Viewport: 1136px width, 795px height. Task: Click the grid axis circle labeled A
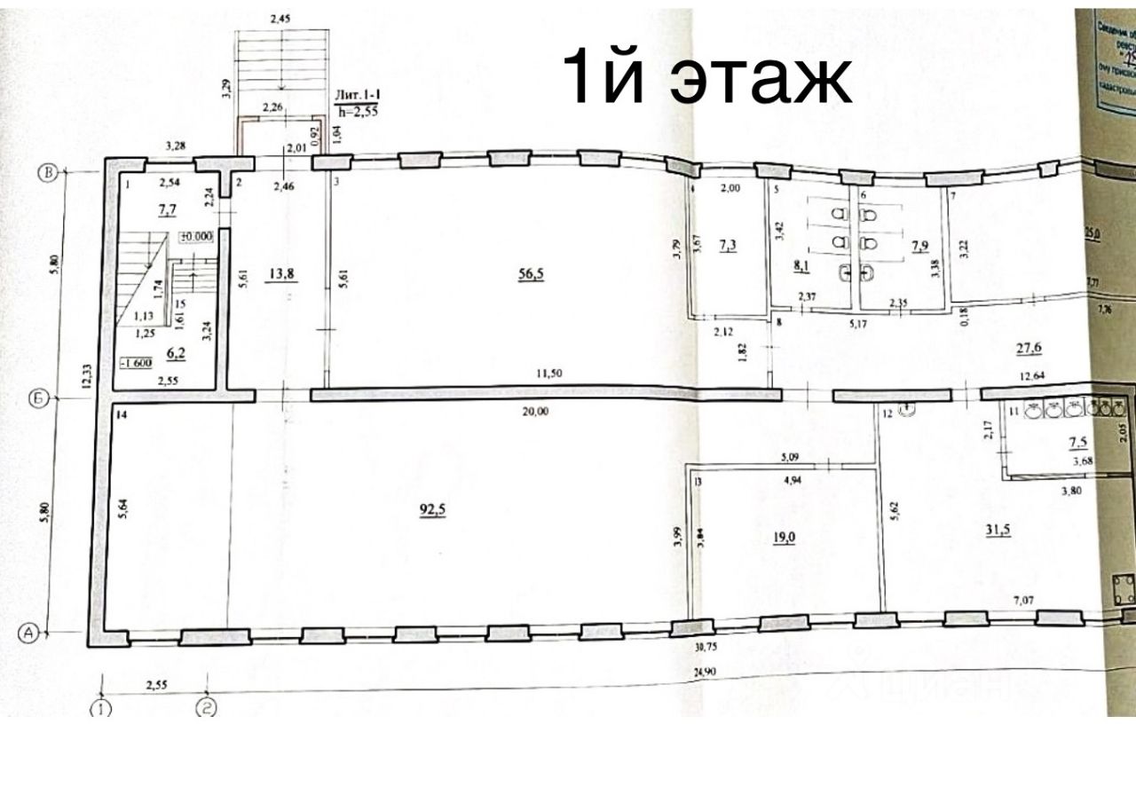coord(30,633)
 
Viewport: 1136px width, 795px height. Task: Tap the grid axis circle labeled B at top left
coord(51,173)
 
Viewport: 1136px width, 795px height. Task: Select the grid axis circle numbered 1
coord(103,708)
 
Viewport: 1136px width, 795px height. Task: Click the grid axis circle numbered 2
coord(209,708)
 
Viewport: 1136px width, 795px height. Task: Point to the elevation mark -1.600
coord(139,362)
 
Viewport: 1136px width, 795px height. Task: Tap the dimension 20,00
coord(535,411)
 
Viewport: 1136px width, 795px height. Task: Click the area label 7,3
coord(730,243)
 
